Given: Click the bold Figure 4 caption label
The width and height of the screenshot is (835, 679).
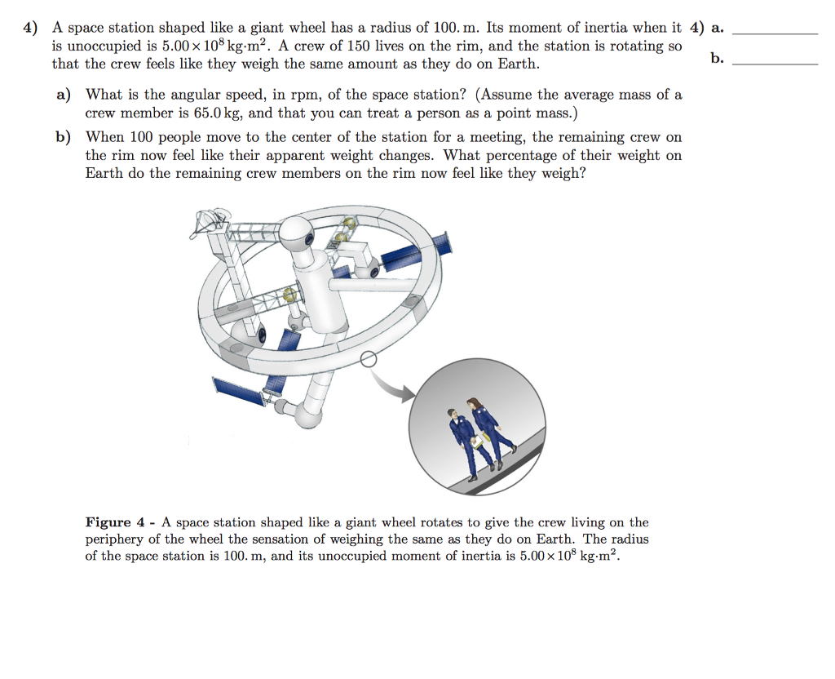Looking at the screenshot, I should point(120,522).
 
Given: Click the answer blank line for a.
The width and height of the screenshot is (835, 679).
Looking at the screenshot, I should point(775,33).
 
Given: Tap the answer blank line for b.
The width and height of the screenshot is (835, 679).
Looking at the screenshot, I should point(775,64).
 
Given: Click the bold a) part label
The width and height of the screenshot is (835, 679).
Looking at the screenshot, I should point(64,95).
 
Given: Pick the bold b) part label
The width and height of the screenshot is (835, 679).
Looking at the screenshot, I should point(64,137).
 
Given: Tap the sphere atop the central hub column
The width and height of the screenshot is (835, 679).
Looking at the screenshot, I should point(299,232).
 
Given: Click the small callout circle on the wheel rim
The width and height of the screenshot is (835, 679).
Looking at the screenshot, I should point(368,358).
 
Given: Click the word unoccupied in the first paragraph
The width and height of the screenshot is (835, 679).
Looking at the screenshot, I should point(102,46).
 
